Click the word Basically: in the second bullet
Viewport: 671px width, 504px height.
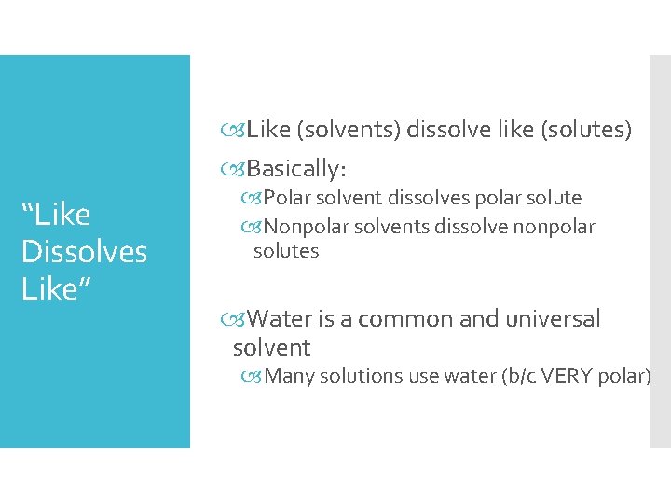296,169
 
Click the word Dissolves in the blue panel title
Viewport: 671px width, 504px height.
84,252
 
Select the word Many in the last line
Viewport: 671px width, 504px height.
289,376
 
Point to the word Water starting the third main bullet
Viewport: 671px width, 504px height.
281,319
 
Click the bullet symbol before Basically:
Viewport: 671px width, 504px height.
238,170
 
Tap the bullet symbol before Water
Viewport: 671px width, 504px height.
239,320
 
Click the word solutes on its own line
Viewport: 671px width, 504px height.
286,251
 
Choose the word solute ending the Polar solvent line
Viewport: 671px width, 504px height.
555,198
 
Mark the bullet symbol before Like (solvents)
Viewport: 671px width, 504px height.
238,131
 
